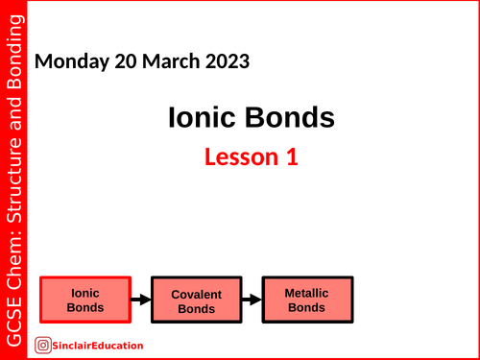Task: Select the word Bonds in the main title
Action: (x=290, y=118)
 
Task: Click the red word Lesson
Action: (x=228, y=157)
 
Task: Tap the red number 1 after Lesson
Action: (x=291, y=157)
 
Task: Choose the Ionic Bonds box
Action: (x=84, y=300)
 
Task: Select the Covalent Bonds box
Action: (x=197, y=300)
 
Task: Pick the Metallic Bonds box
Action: (x=307, y=300)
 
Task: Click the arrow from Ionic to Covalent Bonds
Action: (x=141, y=300)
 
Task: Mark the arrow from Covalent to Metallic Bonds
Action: (x=252, y=300)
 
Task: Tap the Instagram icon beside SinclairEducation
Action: (x=43, y=346)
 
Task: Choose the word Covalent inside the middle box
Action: (x=197, y=294)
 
